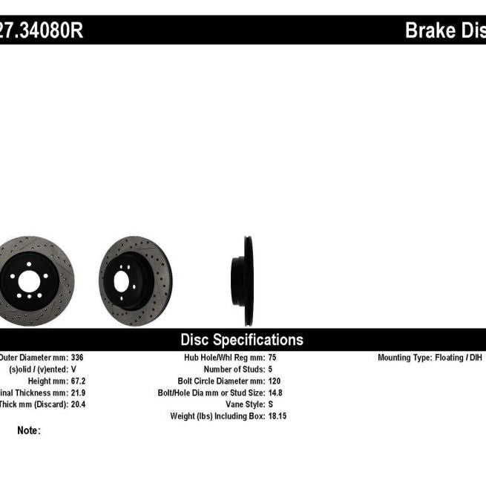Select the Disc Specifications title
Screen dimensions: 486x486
(242, 340)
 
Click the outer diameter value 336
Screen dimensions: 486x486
(77, 357)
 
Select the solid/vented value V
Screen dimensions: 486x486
(73, 369)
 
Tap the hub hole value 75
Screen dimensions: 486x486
(272, 357)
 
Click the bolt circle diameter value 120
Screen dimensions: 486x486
(274, 381)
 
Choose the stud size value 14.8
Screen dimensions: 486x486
(275, 393)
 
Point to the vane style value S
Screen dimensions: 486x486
(269, 404)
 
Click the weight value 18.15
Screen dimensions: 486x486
(277, 416)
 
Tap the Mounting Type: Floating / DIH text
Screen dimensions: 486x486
(430, 357)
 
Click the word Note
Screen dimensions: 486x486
(28, 430)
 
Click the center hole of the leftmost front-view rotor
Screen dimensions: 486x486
(29, 281)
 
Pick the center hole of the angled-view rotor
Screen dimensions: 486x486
(122, 281)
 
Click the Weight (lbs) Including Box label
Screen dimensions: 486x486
(217, 416)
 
